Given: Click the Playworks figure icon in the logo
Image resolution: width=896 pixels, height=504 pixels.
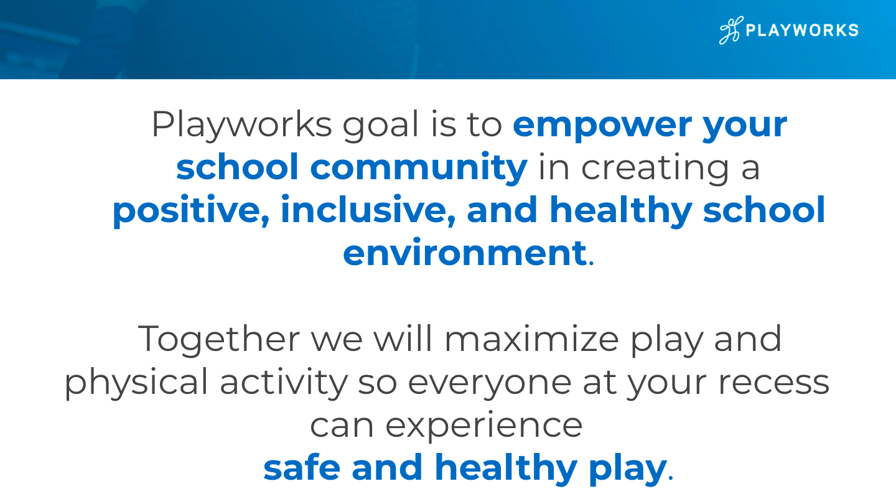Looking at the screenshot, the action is click(731, 30).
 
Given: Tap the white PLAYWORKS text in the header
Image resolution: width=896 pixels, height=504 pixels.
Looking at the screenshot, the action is click(803, 30).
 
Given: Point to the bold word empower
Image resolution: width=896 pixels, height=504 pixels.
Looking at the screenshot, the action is click(602, 126).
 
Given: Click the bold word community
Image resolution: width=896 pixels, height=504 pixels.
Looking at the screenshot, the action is click(418, 168).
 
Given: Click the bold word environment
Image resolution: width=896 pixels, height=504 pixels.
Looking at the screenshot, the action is click(464, 253).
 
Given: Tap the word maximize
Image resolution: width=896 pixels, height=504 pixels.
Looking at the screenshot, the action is click(531, 338).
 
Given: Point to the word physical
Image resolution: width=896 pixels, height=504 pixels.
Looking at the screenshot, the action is click(136, 383).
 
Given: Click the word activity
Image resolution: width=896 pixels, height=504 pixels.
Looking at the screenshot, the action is click(284, 383).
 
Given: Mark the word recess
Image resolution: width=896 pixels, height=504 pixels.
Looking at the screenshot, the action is click(773, 383).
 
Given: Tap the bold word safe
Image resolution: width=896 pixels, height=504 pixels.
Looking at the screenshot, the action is click(302, 468).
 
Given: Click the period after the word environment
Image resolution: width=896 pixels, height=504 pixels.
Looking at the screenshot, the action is click(592, 263).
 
